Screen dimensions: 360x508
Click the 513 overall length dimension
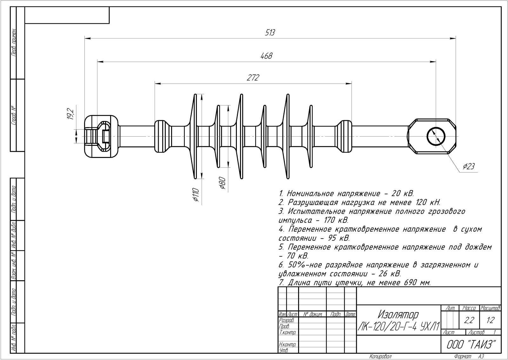pos(270,32)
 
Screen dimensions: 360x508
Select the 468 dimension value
pos(266,56)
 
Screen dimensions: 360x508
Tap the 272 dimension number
pos(253,78)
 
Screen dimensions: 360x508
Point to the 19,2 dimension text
pos(70,115)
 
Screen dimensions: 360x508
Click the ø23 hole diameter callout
pos(469,166)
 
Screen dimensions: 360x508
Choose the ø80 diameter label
pos(222,183)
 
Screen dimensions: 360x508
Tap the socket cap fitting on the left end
pos(100,137)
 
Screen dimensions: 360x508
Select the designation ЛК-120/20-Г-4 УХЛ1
pos(398,326)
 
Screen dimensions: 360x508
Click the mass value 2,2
pos(469,321)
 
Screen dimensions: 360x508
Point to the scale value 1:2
pos(490,321)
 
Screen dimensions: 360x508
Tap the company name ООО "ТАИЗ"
pos(471,344)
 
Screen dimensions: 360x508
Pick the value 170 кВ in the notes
pos(336,220)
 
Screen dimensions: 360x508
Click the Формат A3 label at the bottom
pos(469,357)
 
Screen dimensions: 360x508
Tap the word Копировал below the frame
pos(380,357)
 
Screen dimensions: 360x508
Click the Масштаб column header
pos(490,308)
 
